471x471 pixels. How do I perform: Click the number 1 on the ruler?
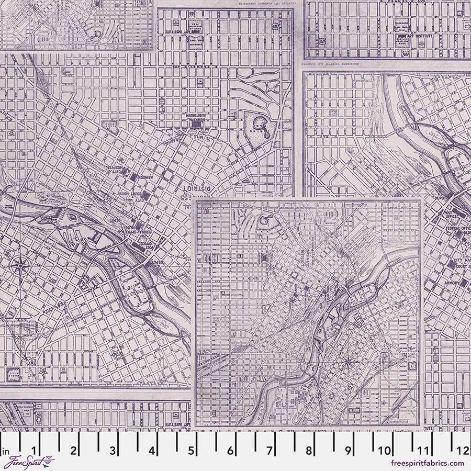tap(35, 451)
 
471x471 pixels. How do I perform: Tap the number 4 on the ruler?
tap(152, 451)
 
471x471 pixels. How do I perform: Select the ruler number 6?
tap(230, 451)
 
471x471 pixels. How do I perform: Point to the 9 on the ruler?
tap(347, 451)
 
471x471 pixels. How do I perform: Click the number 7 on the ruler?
tap(270, 451)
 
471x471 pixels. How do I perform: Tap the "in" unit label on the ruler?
tap(6, 451)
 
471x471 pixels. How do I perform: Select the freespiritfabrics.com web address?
tap(427, 463)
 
